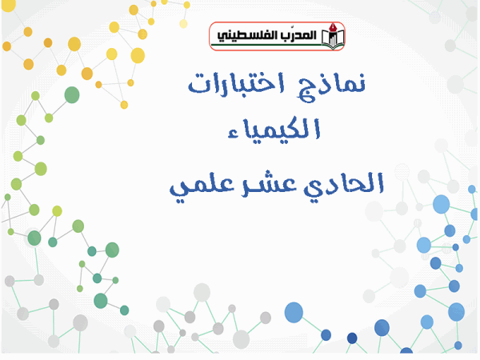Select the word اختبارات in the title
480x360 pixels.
(236, 82)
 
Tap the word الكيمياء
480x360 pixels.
(274, 129)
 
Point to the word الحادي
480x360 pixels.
(343, 184)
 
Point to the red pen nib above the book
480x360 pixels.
(333, 27)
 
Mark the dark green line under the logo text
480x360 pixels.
(266, 45)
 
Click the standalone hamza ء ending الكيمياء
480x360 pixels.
(234, 134)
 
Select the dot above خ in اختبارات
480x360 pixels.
(270, 75)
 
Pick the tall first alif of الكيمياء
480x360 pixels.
(317, 129)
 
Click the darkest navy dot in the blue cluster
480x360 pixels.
(352, 338)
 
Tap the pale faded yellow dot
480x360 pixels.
(183, 23)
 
